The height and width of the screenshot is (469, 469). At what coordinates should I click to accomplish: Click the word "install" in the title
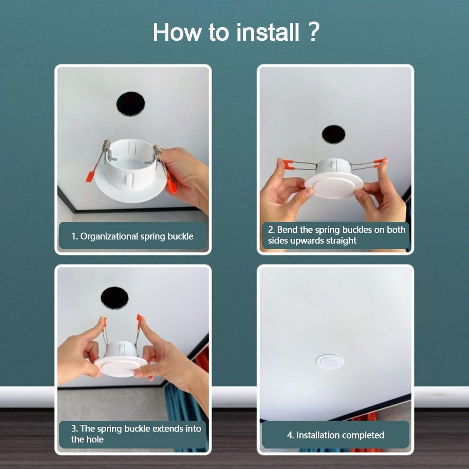point(268,32)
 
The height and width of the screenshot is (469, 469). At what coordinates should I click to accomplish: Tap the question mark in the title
point(313,31)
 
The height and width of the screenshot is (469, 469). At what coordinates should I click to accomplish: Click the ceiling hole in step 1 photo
point(130,104)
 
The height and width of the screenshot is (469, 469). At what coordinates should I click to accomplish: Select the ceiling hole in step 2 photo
point(333,134)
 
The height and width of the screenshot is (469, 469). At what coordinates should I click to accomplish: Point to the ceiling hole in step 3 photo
point(114,298)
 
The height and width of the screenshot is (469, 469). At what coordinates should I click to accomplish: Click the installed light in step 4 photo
point(330,362)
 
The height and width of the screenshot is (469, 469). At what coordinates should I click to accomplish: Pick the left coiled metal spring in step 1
point(106,146)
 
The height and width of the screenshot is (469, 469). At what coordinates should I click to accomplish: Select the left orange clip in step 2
point(288,165)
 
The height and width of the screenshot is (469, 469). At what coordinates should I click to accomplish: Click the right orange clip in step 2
point(379,162)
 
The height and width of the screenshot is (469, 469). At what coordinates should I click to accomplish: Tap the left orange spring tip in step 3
point(105,323)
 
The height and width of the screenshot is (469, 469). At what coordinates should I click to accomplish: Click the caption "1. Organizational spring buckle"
point(132,236)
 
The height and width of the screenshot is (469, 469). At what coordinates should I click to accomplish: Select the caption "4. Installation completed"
point(336,435)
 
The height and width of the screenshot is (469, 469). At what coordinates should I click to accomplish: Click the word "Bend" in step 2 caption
point(287,230)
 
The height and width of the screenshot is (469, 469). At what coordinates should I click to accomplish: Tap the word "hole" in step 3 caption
point(95,439)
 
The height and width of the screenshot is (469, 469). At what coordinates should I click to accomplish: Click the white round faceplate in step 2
point(334,186)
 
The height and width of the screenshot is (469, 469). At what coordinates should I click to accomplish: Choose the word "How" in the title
point(177,32)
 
